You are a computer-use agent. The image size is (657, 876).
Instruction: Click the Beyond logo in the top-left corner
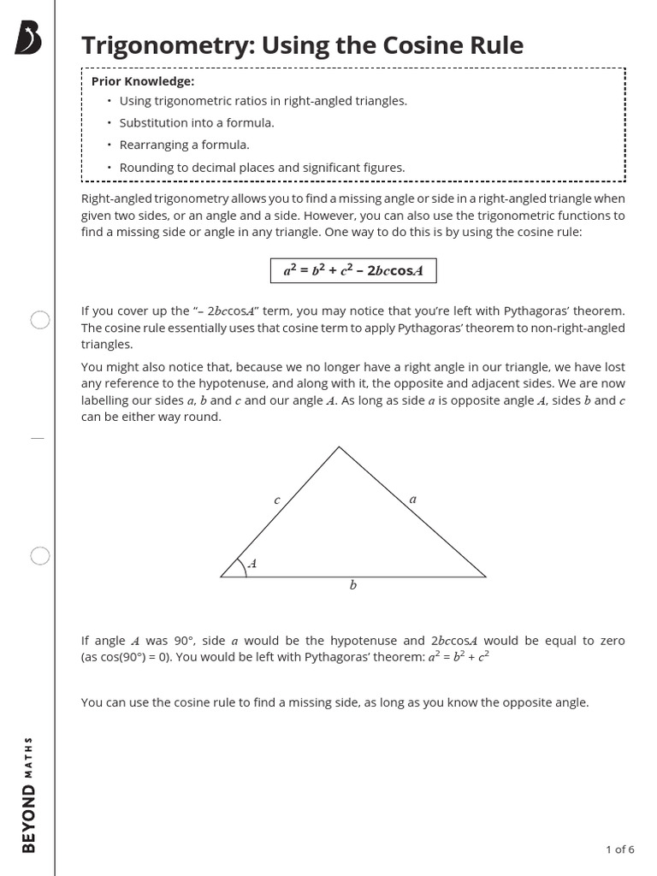28,39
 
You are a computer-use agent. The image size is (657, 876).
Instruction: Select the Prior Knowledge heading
143,81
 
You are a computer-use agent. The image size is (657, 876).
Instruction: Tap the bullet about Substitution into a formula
197,122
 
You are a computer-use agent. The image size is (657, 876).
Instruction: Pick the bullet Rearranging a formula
184,145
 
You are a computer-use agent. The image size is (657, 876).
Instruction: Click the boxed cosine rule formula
353,270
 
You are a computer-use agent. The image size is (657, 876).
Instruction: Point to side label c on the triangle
276,500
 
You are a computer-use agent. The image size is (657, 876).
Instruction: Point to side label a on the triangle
413,499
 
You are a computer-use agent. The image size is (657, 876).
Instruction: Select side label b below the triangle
352,586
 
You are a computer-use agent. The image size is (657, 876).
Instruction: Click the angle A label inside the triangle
252,565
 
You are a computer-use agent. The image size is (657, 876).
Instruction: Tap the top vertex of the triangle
340,447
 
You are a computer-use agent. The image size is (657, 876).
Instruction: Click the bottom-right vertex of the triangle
485,577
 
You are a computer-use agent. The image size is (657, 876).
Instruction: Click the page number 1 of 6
619,849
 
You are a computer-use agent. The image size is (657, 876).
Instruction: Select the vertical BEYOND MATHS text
30,795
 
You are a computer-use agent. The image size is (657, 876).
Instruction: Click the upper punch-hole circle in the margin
40,320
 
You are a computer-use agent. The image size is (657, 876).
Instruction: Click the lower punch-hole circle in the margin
40,556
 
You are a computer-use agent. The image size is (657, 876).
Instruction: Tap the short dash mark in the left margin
37,438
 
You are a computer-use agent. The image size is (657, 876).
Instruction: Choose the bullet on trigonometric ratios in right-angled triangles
263,101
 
